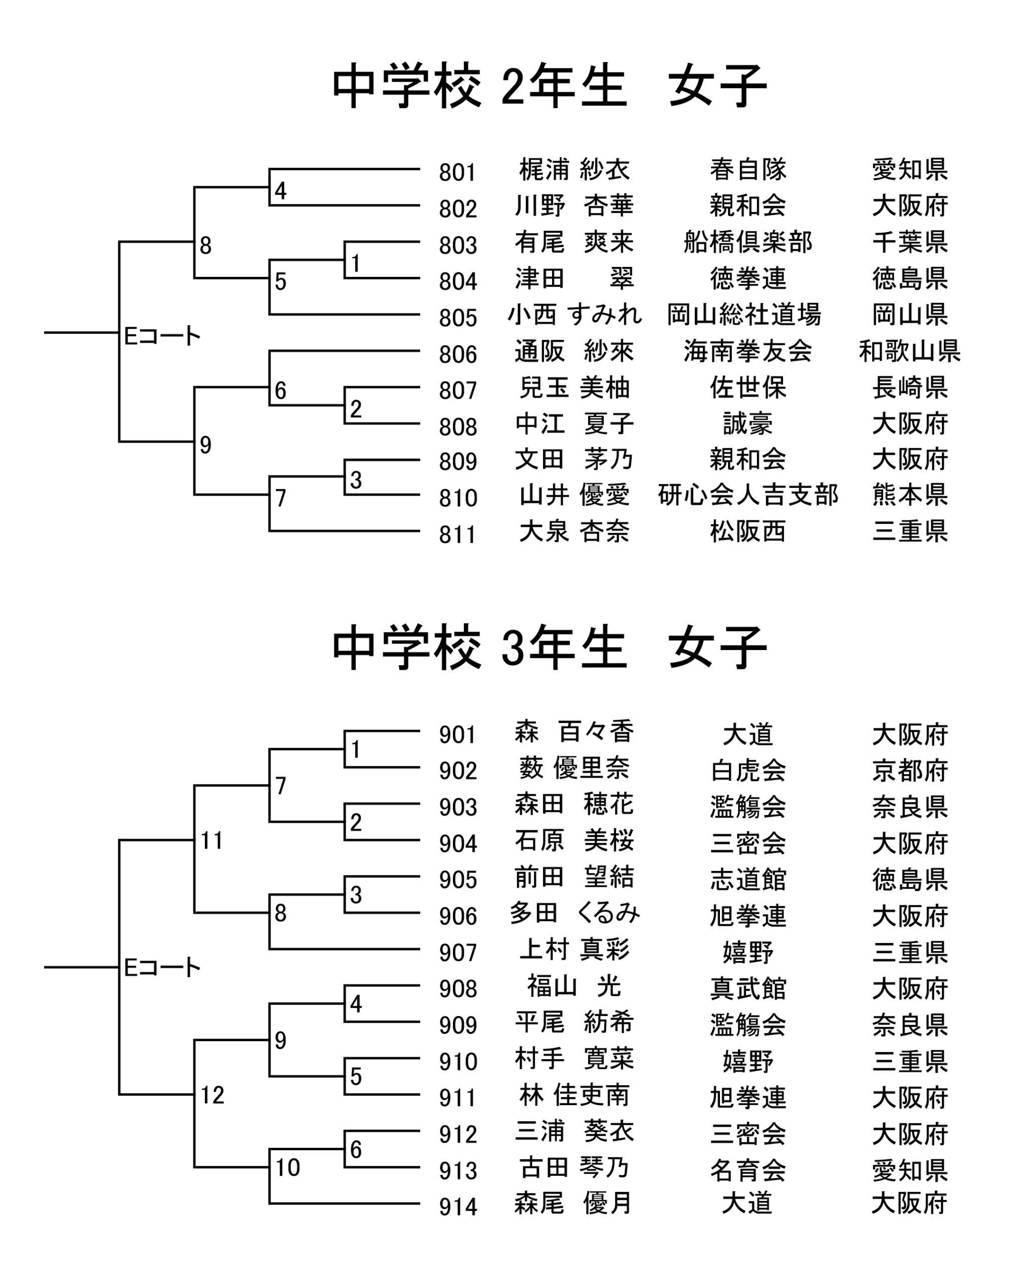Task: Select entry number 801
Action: (x=458, y=173)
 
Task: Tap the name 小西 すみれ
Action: (x=574, y=314)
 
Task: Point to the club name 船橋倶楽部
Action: (x=747, y=242)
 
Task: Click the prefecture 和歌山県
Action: (x=909, y=352)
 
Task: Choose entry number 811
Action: (x=458, y=535)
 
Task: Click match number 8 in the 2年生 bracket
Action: (x=205, y=245)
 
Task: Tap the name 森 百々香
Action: (x=574, y=732)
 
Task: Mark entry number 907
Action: (x=458, y=953)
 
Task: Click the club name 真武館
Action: (x=747, y=989)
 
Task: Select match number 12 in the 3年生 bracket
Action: (x=212, y=1096)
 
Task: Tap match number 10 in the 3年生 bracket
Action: (x=288, y=1168)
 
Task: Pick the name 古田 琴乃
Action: (x=574, y=1168)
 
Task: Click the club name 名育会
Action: (x=747, y=1171)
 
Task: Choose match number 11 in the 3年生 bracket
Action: (x=212, y=841)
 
